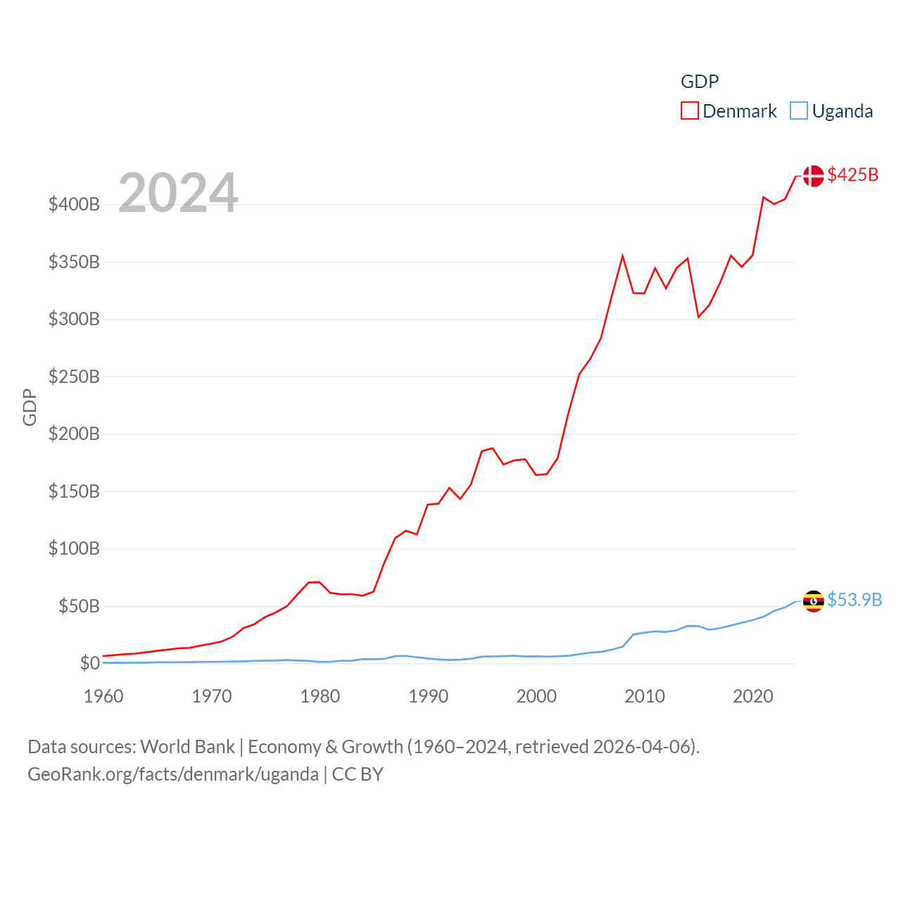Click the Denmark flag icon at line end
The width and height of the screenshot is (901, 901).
click(x=813, y=176)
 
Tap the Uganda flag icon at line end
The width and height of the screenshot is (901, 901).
click(x=813, y=601)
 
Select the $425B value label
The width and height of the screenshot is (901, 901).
click(x=852, y=175)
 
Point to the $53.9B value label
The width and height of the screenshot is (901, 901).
click(x=854, y=600)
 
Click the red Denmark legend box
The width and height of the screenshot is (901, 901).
click(x=689, y=111)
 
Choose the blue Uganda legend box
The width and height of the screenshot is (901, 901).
click(x=798, y=111)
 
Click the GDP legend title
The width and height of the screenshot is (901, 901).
click(x=699, y=82)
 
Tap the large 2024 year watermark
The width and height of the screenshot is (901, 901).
click(x=178, y=193)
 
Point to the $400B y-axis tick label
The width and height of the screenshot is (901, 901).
click(x=74, y=205)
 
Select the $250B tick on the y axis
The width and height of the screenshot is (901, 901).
click(x=74, y=377)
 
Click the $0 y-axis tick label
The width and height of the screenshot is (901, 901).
click(x=89, y=663)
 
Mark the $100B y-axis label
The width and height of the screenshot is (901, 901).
click(x=74, y=548)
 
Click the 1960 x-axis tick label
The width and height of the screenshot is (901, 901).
click(x=103, y=696)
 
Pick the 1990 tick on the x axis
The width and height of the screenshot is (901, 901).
click(x=428, y=696)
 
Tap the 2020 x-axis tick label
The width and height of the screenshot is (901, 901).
click(x=752, y=696)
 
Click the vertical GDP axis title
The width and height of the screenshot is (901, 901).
click(x=30, y=407)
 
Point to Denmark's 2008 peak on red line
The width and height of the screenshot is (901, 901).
click(x=622, y=256)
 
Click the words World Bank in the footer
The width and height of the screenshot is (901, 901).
click(x=187, y=747)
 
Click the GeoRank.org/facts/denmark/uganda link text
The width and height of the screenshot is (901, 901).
click(x=173, y=774)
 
